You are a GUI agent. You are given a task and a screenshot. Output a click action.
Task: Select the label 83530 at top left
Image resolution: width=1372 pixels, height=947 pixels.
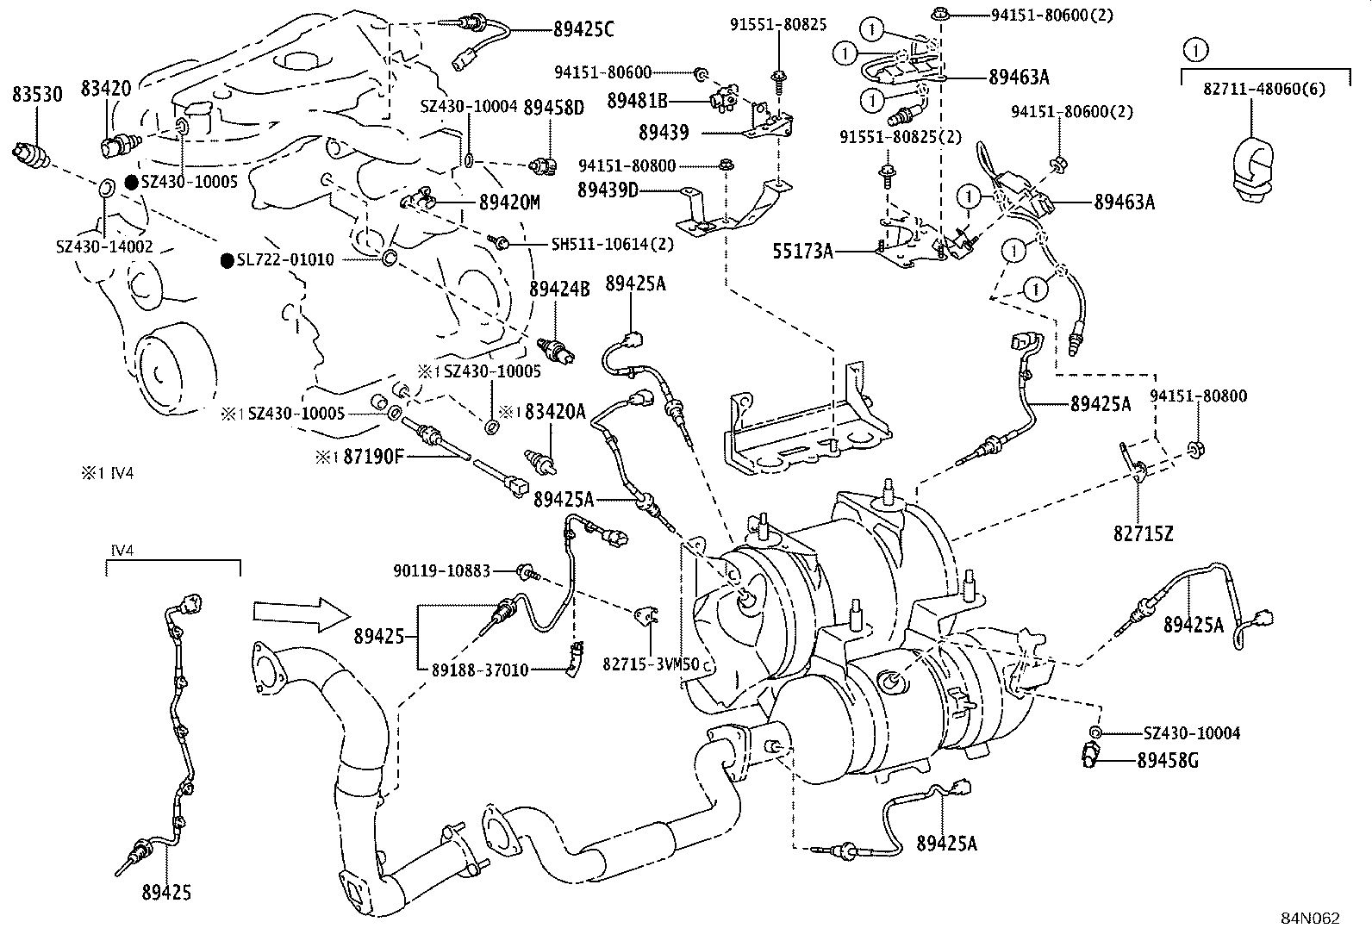click(37, 95)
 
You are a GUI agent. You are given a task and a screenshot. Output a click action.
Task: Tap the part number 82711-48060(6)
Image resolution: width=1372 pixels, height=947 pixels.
click(1263, 89)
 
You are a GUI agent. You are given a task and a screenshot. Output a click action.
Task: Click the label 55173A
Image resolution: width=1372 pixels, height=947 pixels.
click(803, 252)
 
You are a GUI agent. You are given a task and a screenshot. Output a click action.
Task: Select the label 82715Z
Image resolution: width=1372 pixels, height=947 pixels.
click(1143, 533)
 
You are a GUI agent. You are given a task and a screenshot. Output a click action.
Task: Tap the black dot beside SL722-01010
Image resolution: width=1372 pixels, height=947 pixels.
click(228, 260)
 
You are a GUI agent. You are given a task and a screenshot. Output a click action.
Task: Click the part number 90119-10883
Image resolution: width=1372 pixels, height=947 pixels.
click(441, 570)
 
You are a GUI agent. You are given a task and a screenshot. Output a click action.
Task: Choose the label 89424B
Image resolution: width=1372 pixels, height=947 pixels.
click(558, 290)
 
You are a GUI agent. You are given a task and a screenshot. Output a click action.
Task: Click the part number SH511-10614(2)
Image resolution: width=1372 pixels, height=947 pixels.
click(613, 244)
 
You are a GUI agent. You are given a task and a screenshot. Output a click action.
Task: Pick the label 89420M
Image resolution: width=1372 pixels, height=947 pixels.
click(509, 202)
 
